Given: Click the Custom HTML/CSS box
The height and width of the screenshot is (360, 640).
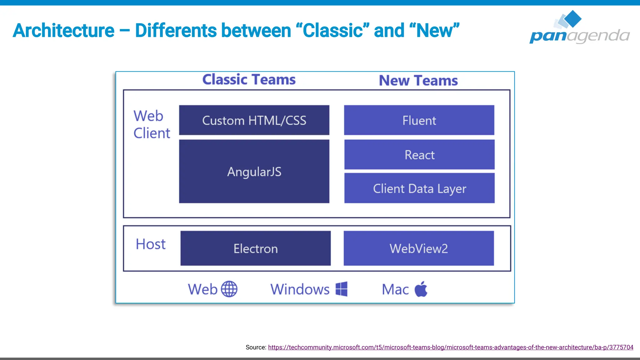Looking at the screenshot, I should (x=254, y=120).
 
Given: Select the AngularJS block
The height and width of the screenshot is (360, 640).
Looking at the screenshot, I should (x=254, y=172).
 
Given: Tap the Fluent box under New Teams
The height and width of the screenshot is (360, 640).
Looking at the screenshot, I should (x=419, y=120).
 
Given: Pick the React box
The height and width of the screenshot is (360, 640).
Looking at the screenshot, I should (x=419, y=155).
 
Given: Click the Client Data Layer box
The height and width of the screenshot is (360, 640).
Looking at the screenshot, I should (x=419, y=188).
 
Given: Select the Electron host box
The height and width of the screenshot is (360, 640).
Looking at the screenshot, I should (x=255, y=248).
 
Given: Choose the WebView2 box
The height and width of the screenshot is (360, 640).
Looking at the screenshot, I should (x=419, y=248).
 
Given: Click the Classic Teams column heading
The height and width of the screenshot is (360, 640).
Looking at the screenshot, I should (x=249, y=79).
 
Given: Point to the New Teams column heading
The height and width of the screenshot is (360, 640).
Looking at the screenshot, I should (x=418, y=80).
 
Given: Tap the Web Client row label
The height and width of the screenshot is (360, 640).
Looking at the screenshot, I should (x=152, y=124).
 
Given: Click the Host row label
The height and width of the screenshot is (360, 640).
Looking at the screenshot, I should (x=151, y=244).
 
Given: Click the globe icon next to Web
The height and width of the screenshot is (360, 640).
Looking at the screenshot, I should (x=229, y=289).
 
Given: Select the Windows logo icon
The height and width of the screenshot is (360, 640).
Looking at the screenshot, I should (x=342, y=289).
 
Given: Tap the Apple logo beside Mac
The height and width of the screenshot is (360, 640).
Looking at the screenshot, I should (x=421, y=289).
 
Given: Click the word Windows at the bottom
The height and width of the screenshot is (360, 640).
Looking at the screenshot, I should (x=300, y=289).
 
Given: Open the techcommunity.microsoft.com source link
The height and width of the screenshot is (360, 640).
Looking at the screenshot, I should (x=450, y=347).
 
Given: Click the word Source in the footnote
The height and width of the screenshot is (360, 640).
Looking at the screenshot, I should (x=255, y=347).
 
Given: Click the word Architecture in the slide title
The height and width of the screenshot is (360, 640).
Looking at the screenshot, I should (x=64, y=31).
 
